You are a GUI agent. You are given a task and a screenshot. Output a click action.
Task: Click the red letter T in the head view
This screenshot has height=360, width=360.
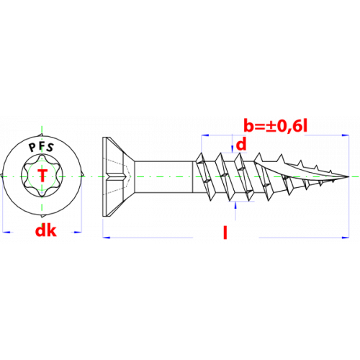[x=42, y=175]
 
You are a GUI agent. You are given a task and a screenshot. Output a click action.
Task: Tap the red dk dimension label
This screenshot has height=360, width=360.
[x=46, y=230]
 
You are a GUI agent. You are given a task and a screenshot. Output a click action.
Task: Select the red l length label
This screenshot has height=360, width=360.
[x=225, y=233]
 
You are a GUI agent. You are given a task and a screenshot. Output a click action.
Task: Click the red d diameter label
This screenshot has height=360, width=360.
[x=241, y=145]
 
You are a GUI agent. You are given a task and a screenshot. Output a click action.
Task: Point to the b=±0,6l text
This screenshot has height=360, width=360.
[x=276, y=125]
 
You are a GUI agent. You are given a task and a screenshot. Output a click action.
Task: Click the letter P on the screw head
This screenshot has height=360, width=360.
[x=32, y=148]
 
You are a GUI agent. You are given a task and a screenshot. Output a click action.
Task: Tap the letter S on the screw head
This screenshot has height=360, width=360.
[x=50, y=148]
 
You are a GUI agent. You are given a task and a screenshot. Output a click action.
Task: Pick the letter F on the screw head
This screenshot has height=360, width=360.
[x=41, y=145]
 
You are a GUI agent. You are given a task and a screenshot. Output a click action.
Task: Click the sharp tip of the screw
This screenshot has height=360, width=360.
[x=348, y=177]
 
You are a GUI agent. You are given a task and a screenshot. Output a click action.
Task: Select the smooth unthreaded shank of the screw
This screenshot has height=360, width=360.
[x=163, y=176]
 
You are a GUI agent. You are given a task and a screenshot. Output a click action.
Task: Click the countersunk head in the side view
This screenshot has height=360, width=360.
[x=118, y=176]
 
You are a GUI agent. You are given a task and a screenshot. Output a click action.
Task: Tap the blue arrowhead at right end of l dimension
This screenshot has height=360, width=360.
[x=346, y=238]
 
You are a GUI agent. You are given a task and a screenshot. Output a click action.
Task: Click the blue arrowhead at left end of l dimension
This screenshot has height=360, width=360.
[x=107, y=238]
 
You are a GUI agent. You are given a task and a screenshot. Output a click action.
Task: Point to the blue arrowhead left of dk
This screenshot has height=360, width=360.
[x=6, y=232]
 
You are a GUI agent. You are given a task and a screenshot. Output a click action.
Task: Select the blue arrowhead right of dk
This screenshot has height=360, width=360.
[x=78, y=232]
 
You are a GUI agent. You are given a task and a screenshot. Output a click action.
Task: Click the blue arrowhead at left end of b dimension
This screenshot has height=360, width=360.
[x=205, y=135]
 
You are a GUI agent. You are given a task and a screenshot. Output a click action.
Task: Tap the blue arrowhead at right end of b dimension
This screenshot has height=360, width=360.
[x=346, y=135]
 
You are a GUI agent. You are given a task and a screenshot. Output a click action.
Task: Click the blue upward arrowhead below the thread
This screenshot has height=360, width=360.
[x=235, y=205]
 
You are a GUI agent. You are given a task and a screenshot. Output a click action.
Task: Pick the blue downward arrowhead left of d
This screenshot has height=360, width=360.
[x=233, y=149]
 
